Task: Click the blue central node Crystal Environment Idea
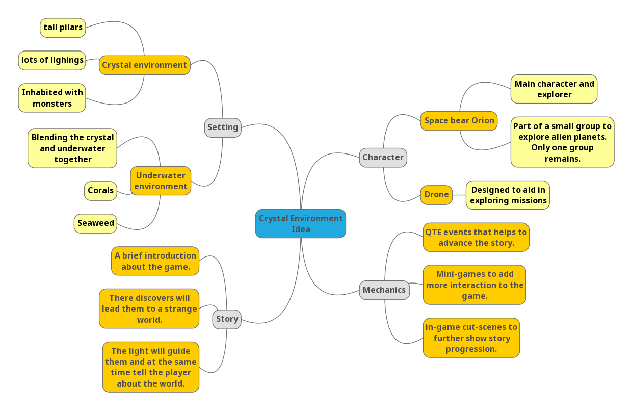tap(300, 223)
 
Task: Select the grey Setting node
tap(223, 127)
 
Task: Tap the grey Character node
tap(383, 158)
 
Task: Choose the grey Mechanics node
tap(384, 290)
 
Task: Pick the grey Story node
tap(227, 319)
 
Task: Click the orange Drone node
tap(436, 195)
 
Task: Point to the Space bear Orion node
tap(459, 121)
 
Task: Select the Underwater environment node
tap(161, 181)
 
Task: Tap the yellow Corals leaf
tap(100, 191)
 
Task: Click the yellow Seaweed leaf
tap(95, 223)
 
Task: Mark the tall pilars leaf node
tap(63, 28)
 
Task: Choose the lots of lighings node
tap(52, 60)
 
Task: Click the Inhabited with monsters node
tap(52, 98)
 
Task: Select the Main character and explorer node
tap(554, 89)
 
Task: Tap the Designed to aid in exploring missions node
tap(508, 195)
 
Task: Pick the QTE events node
tap(476, 237)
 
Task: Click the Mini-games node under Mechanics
tap(474, 285)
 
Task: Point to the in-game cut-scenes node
tap(471, 338)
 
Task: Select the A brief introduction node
tap(155, 261)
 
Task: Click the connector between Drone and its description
tap(459, 195)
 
